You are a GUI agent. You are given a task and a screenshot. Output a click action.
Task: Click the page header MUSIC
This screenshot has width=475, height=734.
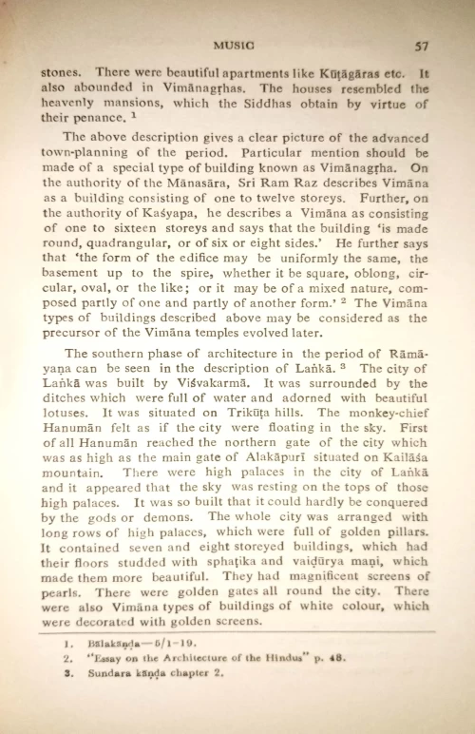[x=233, y=44]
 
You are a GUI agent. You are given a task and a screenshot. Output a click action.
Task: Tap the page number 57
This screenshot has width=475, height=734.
[x=422, y=44]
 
